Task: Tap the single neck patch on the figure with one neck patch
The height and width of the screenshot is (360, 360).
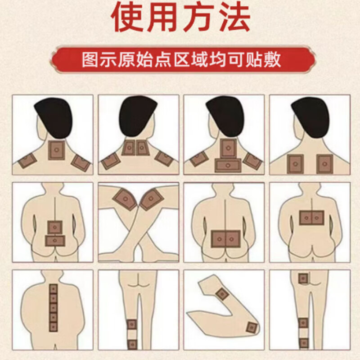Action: click(57, 147)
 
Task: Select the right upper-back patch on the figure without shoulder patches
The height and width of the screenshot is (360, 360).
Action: click(324, 163)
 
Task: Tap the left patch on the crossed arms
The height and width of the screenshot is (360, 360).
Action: click(125, 199)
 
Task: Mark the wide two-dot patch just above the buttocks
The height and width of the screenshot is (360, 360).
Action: click(226, 238)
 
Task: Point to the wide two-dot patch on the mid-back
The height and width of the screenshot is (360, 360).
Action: click(311, 218)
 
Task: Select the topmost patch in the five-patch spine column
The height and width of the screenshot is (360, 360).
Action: click(54, 288)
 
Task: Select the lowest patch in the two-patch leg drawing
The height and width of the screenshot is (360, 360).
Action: click(131, 344)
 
